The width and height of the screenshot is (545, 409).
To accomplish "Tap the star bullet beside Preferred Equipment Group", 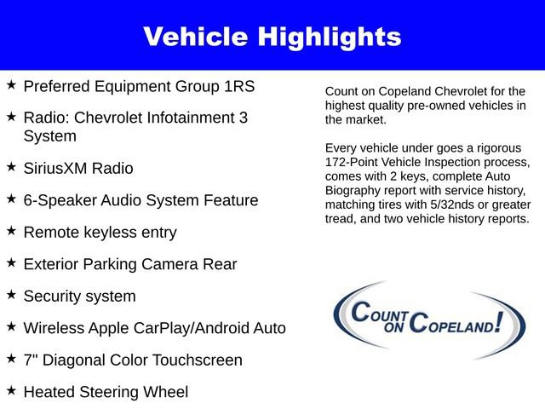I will click(11, 85).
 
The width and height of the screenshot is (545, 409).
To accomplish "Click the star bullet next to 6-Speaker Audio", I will click(11, 199).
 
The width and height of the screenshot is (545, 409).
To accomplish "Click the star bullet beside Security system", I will click(11, 295).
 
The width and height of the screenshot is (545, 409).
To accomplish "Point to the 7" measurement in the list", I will click(30, 360).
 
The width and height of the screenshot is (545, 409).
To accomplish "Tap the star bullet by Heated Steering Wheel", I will click(11, 390).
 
